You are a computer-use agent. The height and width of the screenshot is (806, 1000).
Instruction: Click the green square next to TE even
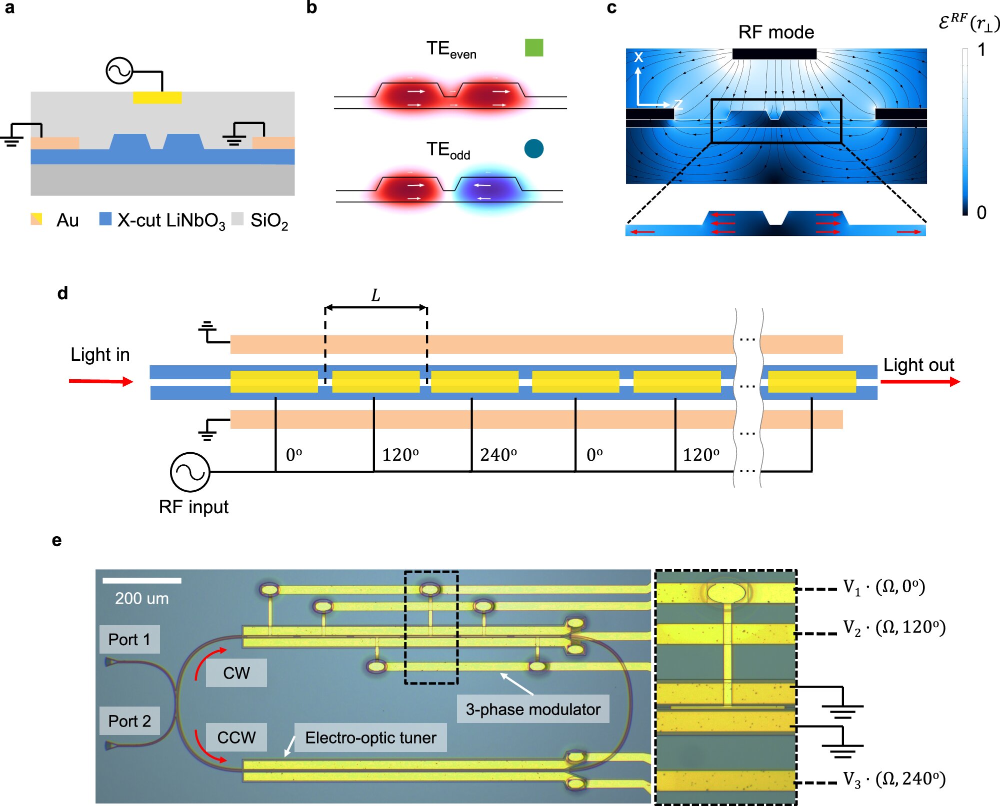534,47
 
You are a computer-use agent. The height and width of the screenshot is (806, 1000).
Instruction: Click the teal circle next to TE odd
533,148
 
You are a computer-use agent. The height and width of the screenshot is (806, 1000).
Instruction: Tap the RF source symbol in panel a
119,71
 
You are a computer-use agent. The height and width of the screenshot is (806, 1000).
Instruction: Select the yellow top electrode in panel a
157,97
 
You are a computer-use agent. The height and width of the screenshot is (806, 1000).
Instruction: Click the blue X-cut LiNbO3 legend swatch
105,219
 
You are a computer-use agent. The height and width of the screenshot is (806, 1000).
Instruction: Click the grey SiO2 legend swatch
237,219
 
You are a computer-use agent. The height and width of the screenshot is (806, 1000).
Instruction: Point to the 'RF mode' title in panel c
776,32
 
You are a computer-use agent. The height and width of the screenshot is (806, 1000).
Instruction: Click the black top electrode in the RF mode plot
774,54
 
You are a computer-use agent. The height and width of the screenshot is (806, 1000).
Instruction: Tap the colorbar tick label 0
981,212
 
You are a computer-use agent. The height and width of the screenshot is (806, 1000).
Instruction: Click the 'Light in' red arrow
101,381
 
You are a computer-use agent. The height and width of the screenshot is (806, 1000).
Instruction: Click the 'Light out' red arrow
920,382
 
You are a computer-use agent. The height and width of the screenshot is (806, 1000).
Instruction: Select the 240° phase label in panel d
498,455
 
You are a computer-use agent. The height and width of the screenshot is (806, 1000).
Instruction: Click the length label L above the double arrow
375,295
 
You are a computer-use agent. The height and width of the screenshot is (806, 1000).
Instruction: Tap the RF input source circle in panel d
190,472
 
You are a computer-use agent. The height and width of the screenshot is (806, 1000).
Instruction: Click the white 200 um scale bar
142,581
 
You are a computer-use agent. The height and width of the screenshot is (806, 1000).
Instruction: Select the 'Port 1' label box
129,640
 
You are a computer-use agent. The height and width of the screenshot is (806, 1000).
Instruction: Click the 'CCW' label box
236,738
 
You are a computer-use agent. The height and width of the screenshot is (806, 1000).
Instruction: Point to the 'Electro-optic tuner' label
370,738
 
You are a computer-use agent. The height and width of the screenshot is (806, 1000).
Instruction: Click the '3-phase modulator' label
533,709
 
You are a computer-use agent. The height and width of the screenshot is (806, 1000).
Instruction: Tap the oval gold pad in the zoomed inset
726,593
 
